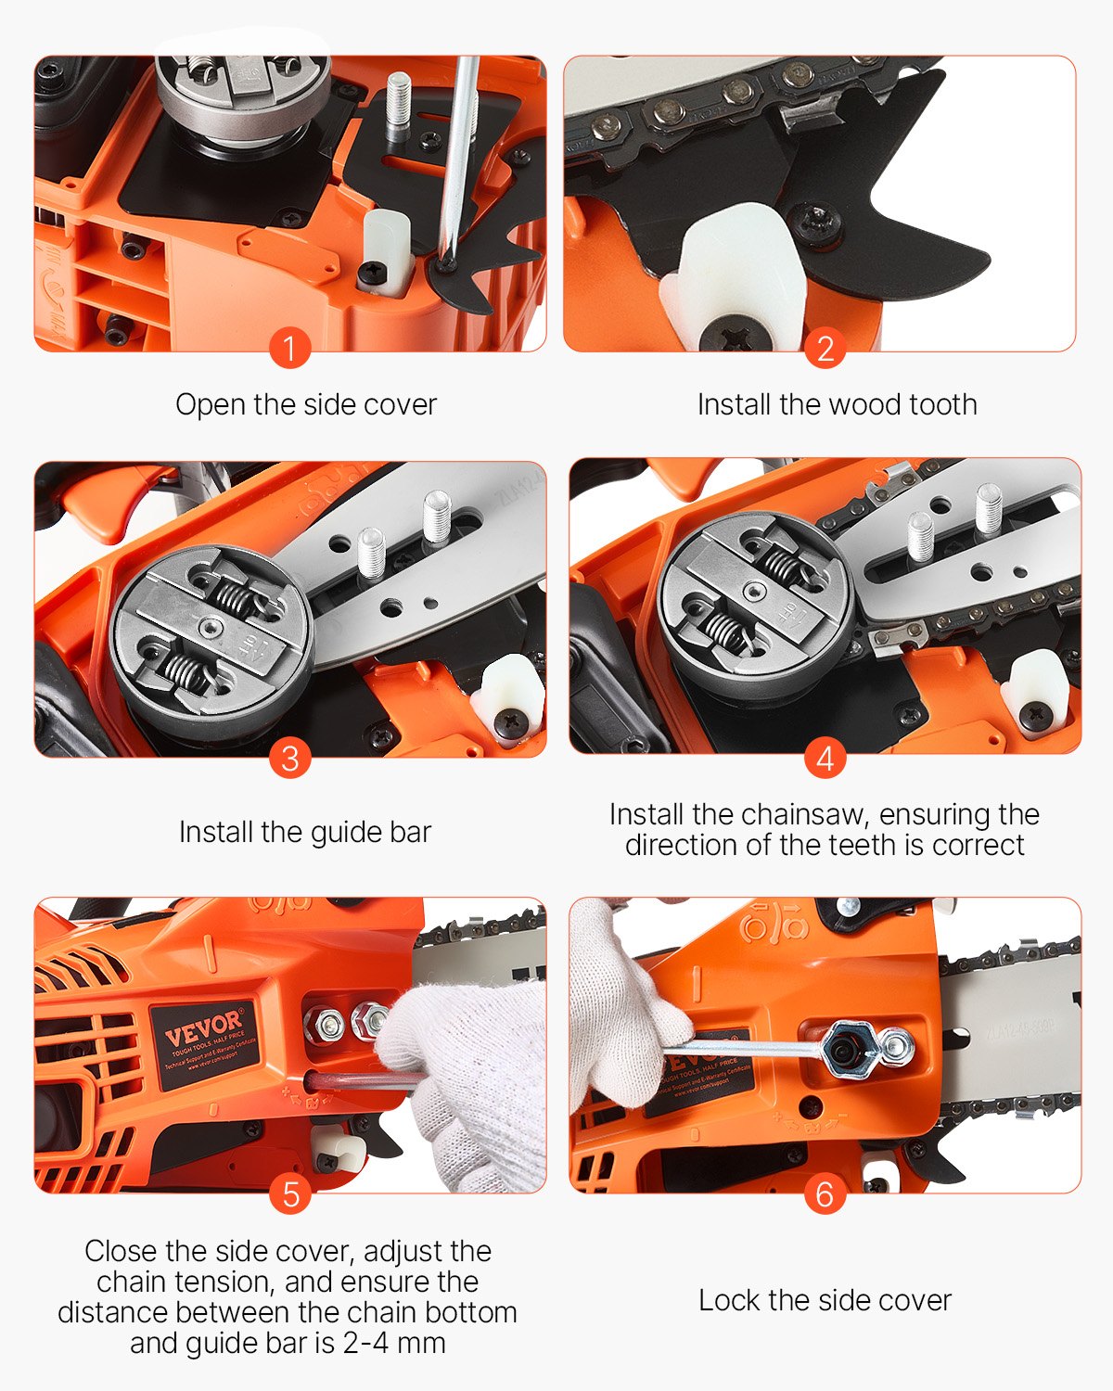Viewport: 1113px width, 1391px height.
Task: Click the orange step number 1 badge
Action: (289, 349)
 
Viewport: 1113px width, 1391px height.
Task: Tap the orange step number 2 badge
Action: (825, 349)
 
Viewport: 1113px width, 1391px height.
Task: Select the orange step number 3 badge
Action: (289, 759)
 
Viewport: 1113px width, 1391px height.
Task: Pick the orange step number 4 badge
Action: (825, 759)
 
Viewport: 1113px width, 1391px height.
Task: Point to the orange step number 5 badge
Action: (289, 1194)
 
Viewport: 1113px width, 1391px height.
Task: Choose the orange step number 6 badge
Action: (825, 1194)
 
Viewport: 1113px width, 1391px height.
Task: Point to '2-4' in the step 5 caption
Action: (368, 1343)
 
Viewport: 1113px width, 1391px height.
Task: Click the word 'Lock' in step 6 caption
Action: (729, 1301)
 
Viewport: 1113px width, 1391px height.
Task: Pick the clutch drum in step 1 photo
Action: (243, 93)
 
